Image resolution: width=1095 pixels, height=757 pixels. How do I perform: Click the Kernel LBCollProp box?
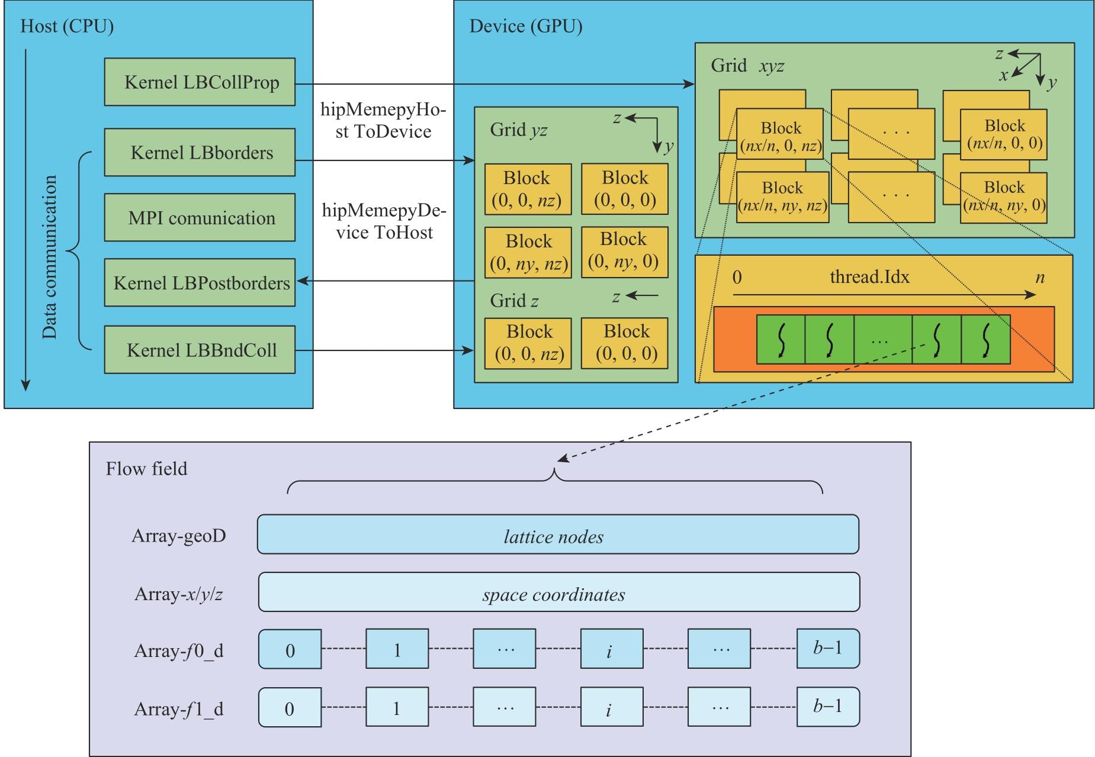click(x=200, y=82)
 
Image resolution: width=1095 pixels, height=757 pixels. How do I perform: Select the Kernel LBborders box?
click(x=200, y=153)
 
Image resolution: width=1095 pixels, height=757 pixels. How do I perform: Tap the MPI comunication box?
click(x=200, y=218)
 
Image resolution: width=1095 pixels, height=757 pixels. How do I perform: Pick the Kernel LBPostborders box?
click(x=200, y=282)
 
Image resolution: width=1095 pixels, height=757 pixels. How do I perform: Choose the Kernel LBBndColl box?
click(x=200, y=350)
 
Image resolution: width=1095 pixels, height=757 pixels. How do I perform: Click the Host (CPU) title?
click(x=67, y=27)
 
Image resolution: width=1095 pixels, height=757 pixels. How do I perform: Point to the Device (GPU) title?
click(x=525, y=27)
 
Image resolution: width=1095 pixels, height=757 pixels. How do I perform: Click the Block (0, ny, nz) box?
click(x=528, y=252)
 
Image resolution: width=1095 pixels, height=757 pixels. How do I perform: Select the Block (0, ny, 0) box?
click(x=624, y=251)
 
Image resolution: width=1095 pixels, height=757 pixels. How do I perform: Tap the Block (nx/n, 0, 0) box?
click(x=1004, y=134)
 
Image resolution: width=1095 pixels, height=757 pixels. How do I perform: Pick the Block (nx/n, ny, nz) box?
click(x=782, y=197)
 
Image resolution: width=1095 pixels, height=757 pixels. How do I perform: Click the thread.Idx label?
click(x=869, y=277)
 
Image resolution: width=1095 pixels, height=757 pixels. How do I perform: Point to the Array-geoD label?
click(x=179, y=536)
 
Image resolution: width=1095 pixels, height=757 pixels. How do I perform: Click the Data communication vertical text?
click(x=50, y=257)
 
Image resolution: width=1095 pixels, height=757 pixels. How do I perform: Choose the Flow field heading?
click(x=146, y=469)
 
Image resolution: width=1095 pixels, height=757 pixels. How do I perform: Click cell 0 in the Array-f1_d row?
click(x=290, y=708)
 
